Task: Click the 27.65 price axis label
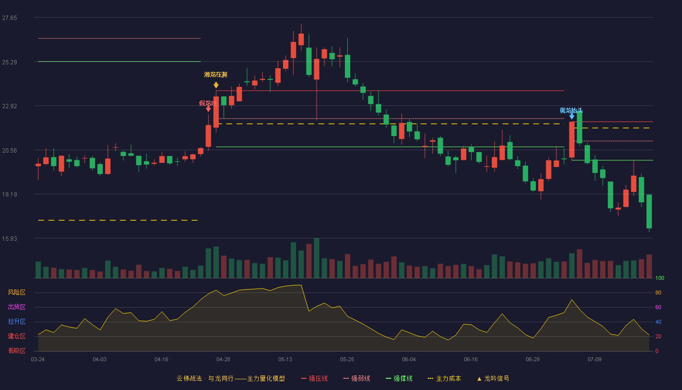pyautogui.click(x=9, y=18)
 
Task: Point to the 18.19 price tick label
pyautogui.click(x=9, y=195)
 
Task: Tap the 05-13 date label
pyautogui.click(x=285, y=360)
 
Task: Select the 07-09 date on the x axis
pyautogui.click(x=594, y=360)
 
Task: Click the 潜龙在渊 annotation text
pyautogui.click(x=215, y=75)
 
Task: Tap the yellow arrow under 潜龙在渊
pyautogui.click(x=216, y=85)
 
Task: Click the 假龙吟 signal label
pyautogui.click(x=208, y=103)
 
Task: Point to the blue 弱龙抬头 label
pyautogui.click(x=571, y=111)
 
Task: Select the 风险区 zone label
pyautogui.click(x=17, y=292)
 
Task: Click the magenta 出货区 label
pyautogui.click(x=17, y=307)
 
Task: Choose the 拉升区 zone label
pyautogui.click(x=17, y=321)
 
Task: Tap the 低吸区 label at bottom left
pyautogui.click(x=17, y=351)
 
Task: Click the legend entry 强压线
pyautogui.click(x=314, y=378)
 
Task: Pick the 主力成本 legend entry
pyautogui.click(x=444, y=378)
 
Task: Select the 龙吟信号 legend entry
pyautogui.click(x=493, y=378)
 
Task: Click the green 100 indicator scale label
pyautogui.click(x=660, y=278)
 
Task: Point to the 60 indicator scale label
pyautogui.click(x=658, y=307)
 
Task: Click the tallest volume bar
pyautogui.click(x=317, y=258)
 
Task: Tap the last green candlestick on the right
pyautogui.click(x=649, y=212)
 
